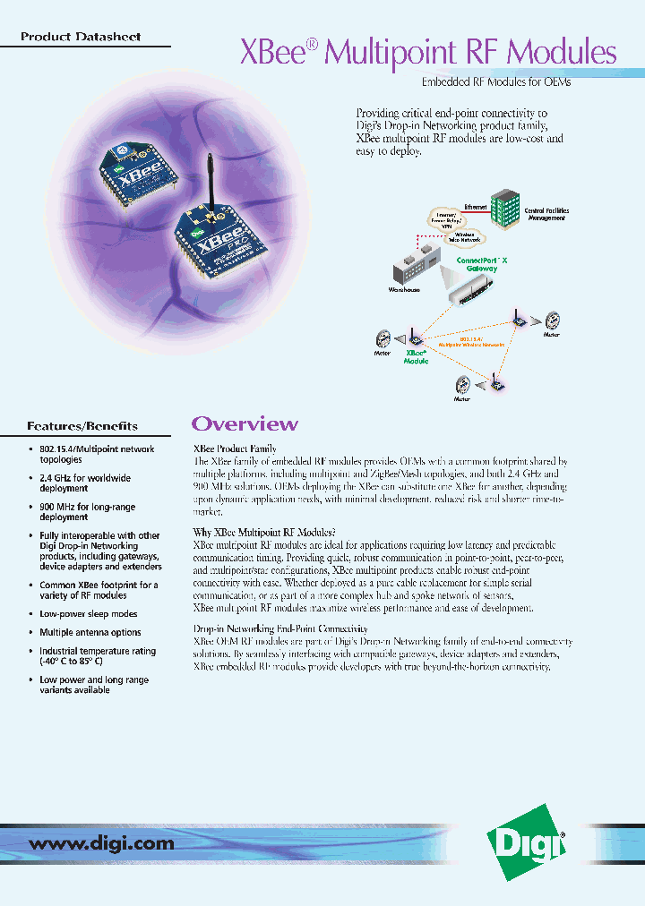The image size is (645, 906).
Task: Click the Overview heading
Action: [x=245, y=423]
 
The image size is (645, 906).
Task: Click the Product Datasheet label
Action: [x=80, y=38]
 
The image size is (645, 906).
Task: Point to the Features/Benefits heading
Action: [x=82, y=425]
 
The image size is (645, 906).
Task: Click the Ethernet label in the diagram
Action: [x=476, y=207]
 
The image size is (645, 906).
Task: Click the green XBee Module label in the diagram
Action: [x=417, y=356]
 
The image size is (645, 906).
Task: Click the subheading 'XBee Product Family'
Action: [x=235, y=449]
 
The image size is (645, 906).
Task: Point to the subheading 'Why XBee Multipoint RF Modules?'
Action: [x=264, y=533]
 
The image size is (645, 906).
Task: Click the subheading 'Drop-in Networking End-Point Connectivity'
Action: [x=280, y=629]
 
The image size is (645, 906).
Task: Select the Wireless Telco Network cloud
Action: [x=460, y=236]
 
